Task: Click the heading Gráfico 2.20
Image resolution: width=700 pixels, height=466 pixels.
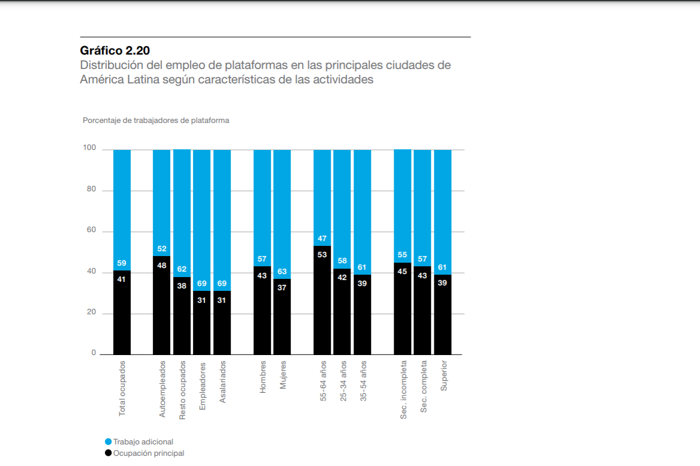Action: pyautogui.click(x=114, y=50)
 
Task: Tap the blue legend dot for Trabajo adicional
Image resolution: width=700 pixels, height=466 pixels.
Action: pyautogui.click(x=108, y=441)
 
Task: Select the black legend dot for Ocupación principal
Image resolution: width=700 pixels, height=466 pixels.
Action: pyautogui.click(x=108, y=453)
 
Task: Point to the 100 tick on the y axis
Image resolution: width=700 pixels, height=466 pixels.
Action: pyautogui.click(x=89, y=148)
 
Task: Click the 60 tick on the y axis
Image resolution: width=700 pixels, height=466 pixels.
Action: pyautogui.click(x=90, y=230)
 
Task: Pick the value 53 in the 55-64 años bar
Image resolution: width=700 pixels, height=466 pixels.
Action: pyautogui.click(x=322, y=254)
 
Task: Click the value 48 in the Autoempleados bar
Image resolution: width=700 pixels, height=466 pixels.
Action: pyautogui.click(x=162, y=265)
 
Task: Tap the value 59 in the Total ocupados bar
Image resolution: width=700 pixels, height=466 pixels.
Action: pyautogui.click(x=122, y=263)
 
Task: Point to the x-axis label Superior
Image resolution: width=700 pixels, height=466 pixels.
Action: pyautogui.click(x=444, y=376)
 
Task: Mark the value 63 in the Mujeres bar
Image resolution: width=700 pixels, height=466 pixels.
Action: pyautogui.click(x=282, y=271)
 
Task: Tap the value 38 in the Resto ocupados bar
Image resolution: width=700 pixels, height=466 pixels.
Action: pyautogui.click(x=182, y=285)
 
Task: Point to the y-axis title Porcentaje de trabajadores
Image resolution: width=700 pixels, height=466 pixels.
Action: pyautogui.click(x=156, y=121)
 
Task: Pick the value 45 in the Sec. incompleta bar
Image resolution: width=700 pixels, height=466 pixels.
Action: pyautogui.click(x=403, y=271)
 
